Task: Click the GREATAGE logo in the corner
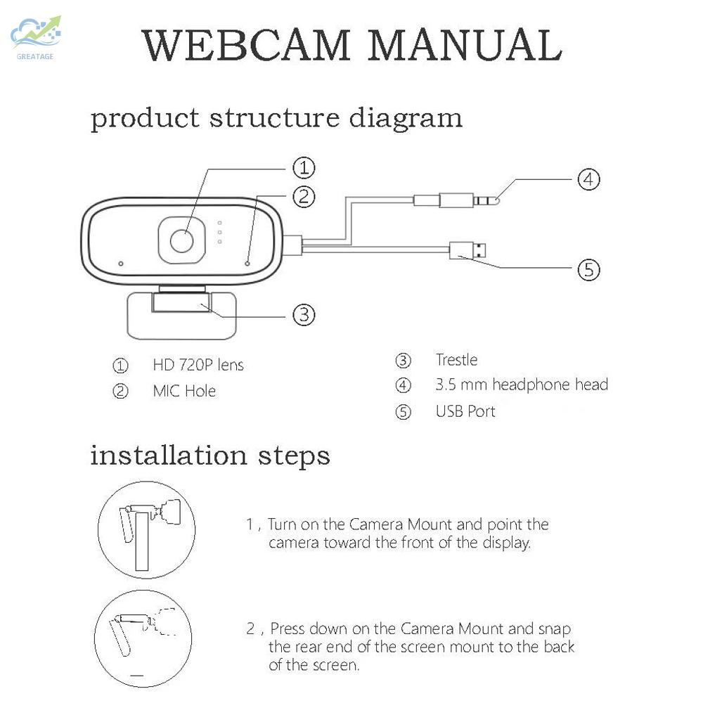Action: (x=35, y=36)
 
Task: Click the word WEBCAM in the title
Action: (x=246, y=46)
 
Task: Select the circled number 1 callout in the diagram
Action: (x=303, y=168)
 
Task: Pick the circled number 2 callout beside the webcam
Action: (x=303, y=196)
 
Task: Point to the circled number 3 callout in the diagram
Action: (x=303, y=314)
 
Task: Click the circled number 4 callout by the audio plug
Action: (x=589, y=179)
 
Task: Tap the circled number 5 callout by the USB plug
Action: (x=589, y=269)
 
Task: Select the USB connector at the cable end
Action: (x=469, y=250)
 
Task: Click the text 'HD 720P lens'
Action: (x=198, y=366)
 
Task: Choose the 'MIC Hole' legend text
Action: (x=184, y=391)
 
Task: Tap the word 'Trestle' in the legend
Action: (x=456, y=360)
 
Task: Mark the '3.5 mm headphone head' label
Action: (x=522, y=385)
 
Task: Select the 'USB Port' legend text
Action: (x=465, y=411)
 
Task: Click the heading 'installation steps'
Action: (x=210, y=456)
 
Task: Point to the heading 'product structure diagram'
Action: (x=276, y=117)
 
